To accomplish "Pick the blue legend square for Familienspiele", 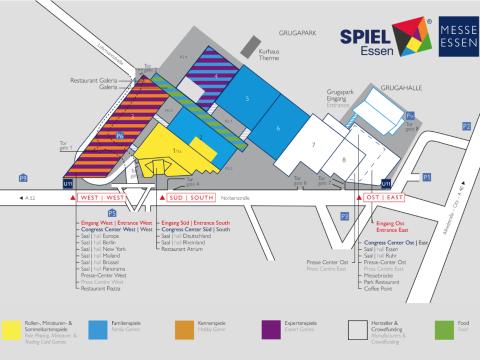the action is pos(98,326).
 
